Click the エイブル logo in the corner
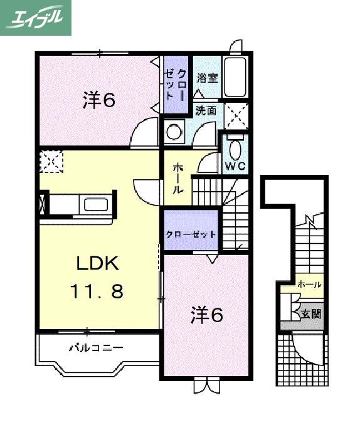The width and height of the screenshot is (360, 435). point(36,18)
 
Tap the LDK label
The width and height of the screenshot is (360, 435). point(98,263)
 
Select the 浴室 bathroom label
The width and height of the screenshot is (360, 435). point(208,78)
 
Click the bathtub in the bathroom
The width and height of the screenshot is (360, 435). point(235,77)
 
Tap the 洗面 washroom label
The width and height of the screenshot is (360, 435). point(206,111)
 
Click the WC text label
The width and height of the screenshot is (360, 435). point(235,166)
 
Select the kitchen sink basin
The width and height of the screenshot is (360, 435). point(96,206)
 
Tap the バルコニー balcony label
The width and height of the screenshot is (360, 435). point(96,347)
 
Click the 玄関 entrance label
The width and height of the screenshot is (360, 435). point(311,314)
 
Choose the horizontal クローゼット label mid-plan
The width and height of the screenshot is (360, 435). point(191,234)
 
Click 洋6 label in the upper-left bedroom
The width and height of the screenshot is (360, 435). point(99,100)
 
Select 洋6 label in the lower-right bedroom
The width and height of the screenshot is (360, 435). point(207,316)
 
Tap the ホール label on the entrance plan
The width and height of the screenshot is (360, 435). point(309,285)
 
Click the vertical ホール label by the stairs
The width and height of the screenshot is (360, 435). point(177,178)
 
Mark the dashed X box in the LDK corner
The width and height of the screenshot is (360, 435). point(51,162)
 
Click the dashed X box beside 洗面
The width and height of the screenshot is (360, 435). point(236,116)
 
